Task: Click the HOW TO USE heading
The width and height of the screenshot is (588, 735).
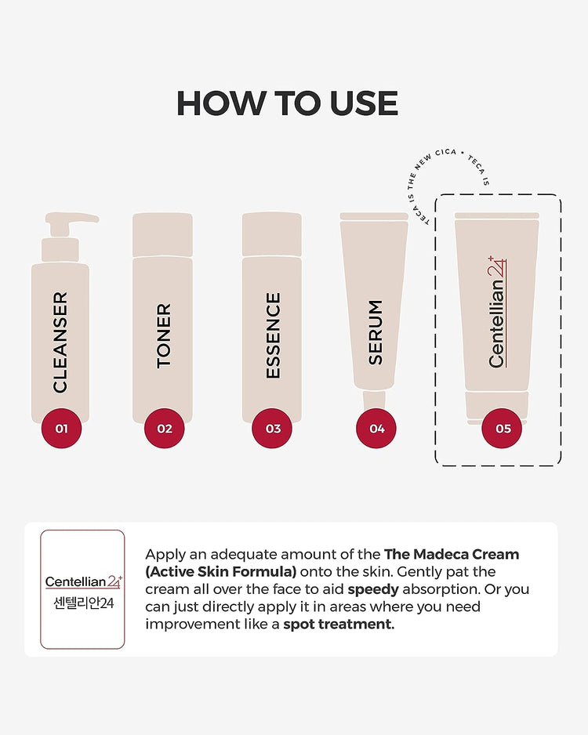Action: click(287, 103)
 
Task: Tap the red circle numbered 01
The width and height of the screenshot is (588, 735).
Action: click(62, 429)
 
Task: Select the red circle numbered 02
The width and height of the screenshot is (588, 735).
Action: click(164, 429)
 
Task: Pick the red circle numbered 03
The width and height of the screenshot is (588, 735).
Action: click(272, 429)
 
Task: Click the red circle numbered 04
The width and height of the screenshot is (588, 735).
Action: click(376, 429)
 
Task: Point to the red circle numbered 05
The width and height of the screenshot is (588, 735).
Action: click(502, 429)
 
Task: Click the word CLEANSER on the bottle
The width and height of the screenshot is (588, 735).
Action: click(60, 342)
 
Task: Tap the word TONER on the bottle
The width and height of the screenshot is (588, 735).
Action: click(164, 335)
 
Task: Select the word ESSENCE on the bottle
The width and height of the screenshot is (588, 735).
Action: click(273, 335)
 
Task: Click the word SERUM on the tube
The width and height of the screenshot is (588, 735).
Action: click(376, 332)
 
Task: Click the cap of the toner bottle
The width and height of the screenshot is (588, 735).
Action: click(162, 234)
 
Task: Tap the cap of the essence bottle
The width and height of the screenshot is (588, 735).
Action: click(272, 234)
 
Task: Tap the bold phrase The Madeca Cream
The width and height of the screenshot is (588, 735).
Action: click(452, 554)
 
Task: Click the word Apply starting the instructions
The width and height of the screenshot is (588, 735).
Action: click(165, 554)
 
